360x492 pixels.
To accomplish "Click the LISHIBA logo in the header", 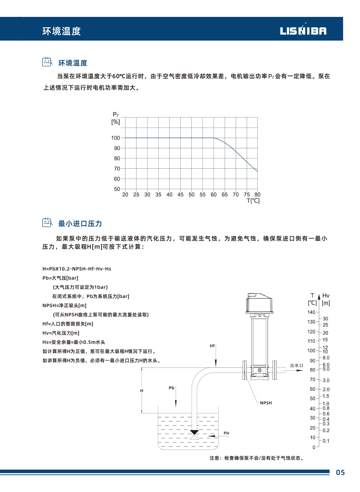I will click(x=303, y=30).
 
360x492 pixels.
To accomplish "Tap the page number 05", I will click(x=340, y=472).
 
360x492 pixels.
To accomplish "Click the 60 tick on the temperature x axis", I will click(x=214, y=195).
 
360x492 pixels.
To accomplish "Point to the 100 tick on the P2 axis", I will click(x=115, y=138).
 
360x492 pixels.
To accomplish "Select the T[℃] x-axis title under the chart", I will click(x=253, y=201).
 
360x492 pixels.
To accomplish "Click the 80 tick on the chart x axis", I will click(x=257, y=195).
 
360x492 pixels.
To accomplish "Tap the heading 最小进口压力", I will click(x=80, y=224).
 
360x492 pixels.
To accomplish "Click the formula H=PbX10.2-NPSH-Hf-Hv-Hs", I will click(x=77, y=269).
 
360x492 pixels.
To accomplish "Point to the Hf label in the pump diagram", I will click(x=212, y=346).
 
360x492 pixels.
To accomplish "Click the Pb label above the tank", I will click(x=171, y=388).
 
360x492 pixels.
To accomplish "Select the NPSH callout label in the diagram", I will click(x=266, y=403).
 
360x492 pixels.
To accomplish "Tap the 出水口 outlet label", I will click(x=296, y=365).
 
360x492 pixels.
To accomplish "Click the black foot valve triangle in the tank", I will click(x=194, y=433).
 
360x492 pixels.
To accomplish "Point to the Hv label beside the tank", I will click(x=226, y=433).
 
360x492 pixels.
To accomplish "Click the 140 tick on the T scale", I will click(x=311, y=312).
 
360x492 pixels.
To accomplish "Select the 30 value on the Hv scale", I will click(x=325, y=318).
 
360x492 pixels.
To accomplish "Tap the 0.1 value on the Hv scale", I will click(x=326, y=441).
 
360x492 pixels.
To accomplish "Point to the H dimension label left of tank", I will click(x=142, y=391).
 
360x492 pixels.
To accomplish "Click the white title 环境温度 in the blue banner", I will click(x=61, y=31).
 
